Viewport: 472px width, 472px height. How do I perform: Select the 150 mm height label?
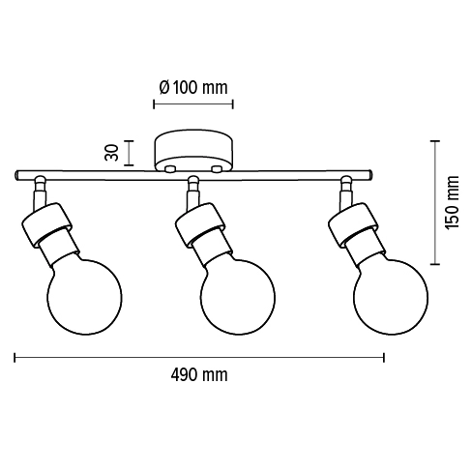[450, 202]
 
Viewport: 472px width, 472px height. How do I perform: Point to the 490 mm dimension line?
[199, 356]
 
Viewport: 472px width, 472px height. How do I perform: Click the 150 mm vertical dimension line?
[434, 202]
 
